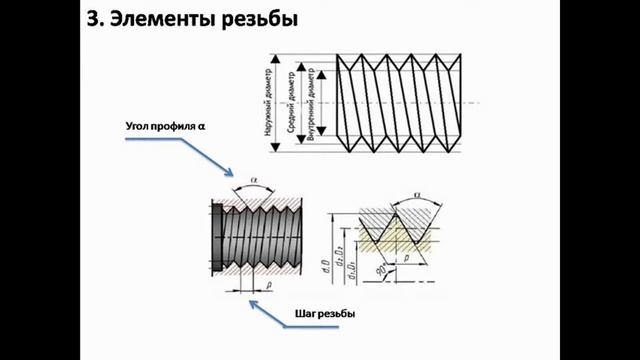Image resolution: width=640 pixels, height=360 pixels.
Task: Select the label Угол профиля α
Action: click(165, 127)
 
